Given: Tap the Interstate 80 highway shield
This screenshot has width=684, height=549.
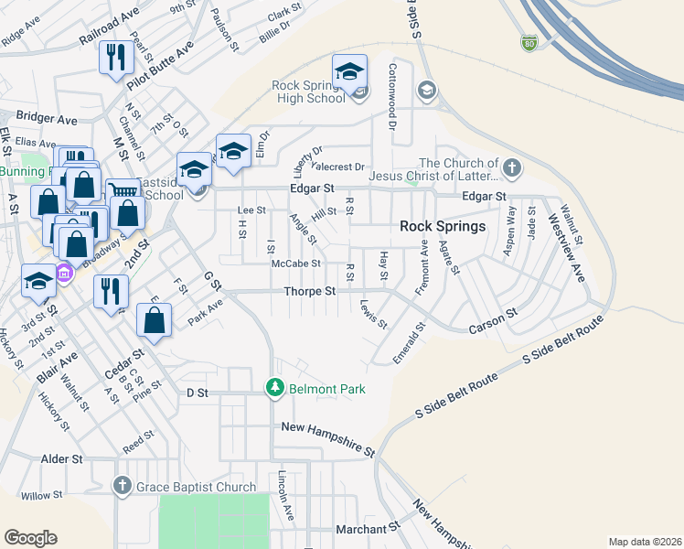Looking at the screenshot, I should (x=529, y=42).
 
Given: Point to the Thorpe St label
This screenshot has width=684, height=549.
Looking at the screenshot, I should (x=310, y=291).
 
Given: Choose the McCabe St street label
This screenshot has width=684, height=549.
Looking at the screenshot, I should (x=295, y=264).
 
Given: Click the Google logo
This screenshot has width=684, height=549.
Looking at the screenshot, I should (x=30, y=537).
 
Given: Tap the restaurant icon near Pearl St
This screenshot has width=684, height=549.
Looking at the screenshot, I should (x=116, y=58).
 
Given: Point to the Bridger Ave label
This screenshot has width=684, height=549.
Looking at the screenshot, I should (x=47, y=119).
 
